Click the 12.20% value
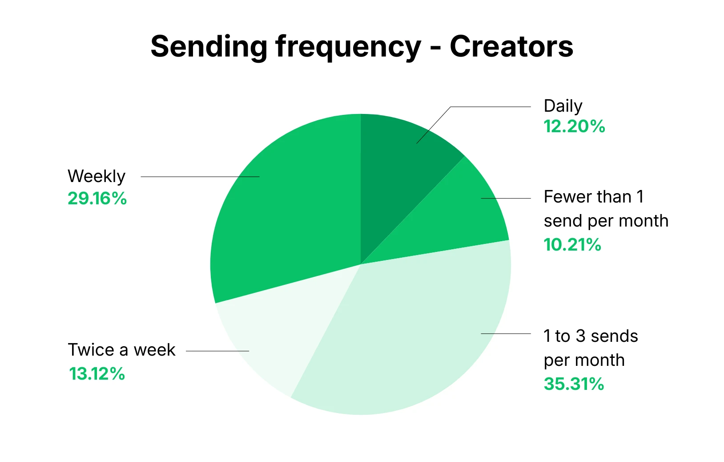point(574,127)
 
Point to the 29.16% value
point(97,199)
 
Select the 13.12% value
point(97,374)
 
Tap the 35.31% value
point(574,384)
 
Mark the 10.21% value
point(572,245)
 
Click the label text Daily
point(563,106)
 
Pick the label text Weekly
point(97,177)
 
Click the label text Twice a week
point(121,350)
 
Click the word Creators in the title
point(511,47)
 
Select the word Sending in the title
point(209,47)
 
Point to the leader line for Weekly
point(200,177)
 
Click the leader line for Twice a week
point(217,351)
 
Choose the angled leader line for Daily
point(434,125)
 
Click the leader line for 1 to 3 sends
point(506,333)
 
